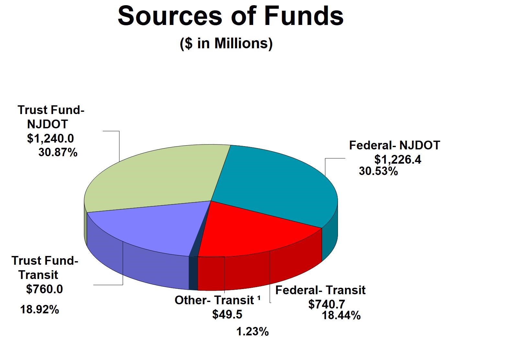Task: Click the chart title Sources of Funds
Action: [x=230, y=16]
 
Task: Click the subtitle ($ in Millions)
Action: [x=226, y=43]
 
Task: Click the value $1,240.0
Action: [x=50, y=138]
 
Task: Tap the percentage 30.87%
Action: [x=58, y=152]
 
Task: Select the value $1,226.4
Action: [x=398, y=159]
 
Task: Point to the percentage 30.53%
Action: [x=378, y=171]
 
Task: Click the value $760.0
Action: [x=44, y=289]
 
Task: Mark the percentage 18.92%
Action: [x=39, y=309]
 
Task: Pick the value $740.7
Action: [x=327, y=304]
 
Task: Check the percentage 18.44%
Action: [x=341, y=315]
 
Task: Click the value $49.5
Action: [x=227, y=314]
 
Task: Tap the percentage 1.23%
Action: [x=252, y=331]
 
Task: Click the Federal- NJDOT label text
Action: [x=394, y=145]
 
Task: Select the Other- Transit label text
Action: [x=214, y=300]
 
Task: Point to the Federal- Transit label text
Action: [x=320, y=290]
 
